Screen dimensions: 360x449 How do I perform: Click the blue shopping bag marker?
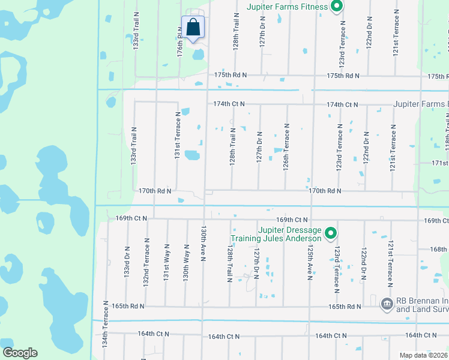193,28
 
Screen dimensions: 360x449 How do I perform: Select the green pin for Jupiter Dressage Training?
330,233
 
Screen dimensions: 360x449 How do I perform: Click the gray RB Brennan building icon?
387,305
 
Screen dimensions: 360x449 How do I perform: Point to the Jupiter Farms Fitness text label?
287,7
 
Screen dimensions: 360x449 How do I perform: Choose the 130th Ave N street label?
204,244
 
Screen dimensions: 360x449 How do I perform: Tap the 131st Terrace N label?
178,135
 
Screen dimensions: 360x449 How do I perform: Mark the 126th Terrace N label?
287,147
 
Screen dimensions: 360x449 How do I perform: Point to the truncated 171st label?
440,163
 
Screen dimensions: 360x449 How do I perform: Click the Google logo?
20,353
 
